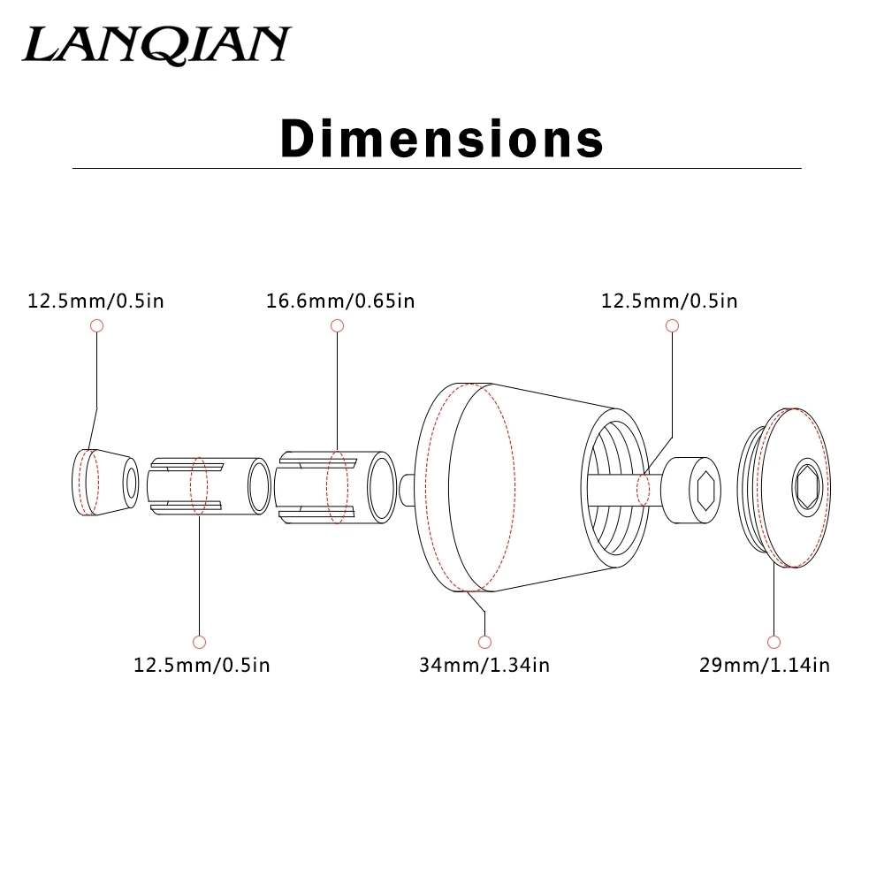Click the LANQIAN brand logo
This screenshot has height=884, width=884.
point(156,44)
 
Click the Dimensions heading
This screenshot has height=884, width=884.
point(442,138)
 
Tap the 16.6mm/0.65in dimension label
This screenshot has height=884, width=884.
point(340,301)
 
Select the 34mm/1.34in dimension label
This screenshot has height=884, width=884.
point(484,665)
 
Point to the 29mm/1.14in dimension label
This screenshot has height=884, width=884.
point(765,665)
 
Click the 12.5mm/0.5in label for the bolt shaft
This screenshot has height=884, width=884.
point(669,301)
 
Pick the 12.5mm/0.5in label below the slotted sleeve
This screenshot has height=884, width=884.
point(202,665)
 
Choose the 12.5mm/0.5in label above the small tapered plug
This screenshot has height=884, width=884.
point(95,301)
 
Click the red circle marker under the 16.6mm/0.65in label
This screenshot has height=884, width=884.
point(337,325)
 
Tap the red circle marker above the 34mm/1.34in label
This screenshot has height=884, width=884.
point(484,642)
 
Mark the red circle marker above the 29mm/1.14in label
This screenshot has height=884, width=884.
point(773,642)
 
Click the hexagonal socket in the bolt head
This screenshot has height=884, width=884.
point(705,491)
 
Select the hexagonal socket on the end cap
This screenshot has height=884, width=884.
point(807,486)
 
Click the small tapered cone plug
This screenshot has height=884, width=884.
point(105,482)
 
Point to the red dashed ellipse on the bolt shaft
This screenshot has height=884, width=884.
point(643,490)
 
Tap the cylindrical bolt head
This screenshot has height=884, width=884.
point(691,491)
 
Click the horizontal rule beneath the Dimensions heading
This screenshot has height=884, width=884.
point(437,168)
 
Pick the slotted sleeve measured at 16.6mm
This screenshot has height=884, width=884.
point(335,488)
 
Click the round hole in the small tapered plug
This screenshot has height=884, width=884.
point(132,484)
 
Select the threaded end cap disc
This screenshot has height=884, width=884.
point(784,488)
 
